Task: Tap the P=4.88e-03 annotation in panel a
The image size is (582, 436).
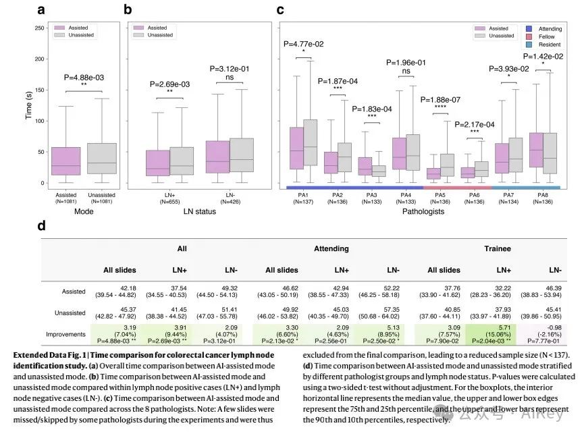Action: [84, 76]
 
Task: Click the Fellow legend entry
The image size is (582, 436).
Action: [545, 36]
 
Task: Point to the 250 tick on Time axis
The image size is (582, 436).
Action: [39, 28]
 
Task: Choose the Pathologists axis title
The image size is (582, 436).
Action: [423, 211]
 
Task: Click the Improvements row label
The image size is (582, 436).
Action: [65, 333]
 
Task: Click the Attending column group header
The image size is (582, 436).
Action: [332, 248]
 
